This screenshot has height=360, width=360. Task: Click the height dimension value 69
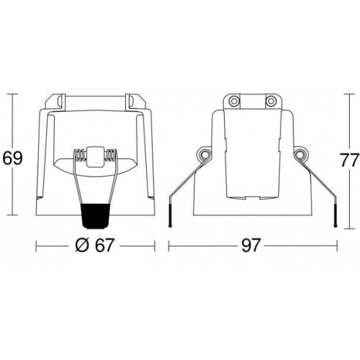(x=13, y=158)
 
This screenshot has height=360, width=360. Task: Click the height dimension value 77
(x=350, y=160)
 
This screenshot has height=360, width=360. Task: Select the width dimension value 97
(x=251, y=246)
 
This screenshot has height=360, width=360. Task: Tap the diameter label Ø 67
(x=94, y=246)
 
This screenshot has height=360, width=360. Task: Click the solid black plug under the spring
(x=95, y=216)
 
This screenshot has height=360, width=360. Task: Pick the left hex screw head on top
(x=233, y=101)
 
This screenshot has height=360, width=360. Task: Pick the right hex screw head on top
(x=271, y=101)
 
